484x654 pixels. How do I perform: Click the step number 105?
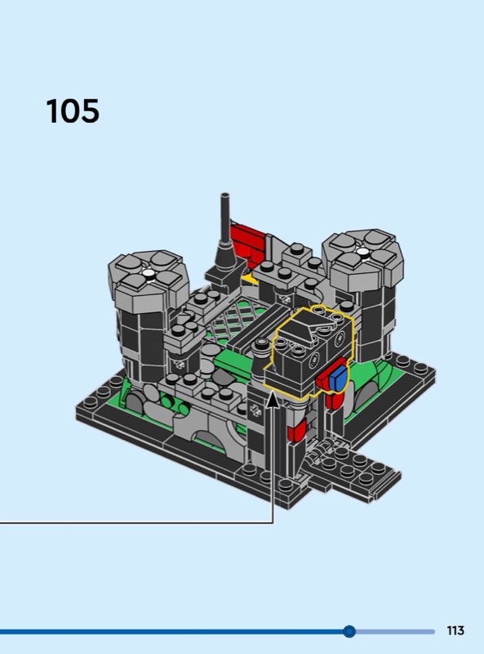coord(73,111)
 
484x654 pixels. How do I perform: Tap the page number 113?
coord(455,630)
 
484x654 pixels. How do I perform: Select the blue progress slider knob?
coord(349,631)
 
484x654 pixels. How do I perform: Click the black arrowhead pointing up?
coord(273,400)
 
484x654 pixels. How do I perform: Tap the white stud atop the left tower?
coord(148,273)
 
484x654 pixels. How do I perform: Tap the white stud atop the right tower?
coord(362,251)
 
